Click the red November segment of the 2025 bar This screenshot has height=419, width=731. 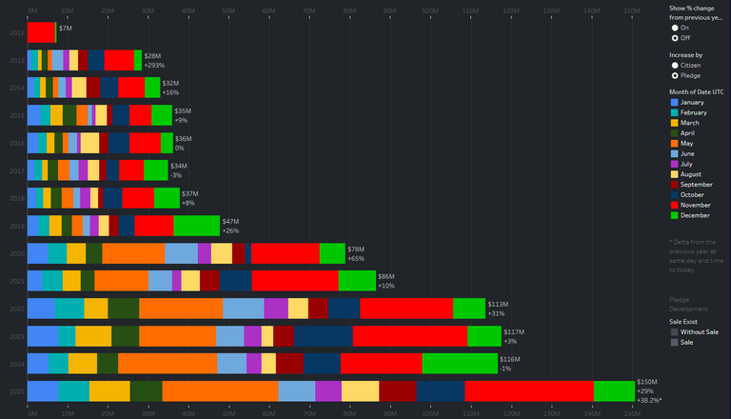point(528,391)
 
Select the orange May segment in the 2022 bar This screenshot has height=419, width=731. point(181,309)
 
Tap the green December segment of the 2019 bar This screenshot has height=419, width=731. point(196,226)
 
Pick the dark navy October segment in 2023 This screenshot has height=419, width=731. point(324,336)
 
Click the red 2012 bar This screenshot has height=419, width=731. point(41,32)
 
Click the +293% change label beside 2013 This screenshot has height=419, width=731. point(154,66)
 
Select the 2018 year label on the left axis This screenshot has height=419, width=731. point(17,198)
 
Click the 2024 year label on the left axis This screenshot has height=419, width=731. point(17,364)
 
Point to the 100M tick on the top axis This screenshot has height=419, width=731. point(429,11)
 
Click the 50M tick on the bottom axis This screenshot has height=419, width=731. point(228,413)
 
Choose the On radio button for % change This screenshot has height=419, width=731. point(675,28)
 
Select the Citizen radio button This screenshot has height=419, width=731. point(675,65)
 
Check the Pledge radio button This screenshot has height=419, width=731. point(675,74)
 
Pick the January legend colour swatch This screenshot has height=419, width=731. point(675,102)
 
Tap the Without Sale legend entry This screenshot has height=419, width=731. point(701,331)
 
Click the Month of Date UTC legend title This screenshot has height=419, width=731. point(697,90)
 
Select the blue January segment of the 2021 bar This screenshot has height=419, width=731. point(34,281)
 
